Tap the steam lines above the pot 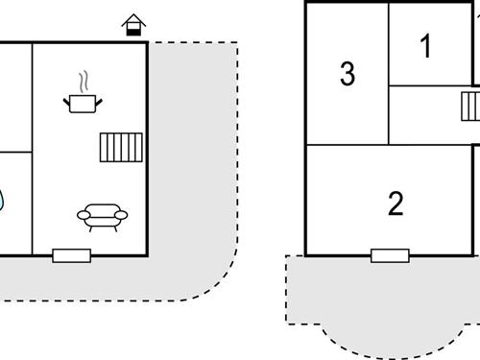click(x=84, y=79)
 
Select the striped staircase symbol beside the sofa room click(x=121, y=147)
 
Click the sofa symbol click(x=101, y=217)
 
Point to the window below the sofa click(x=71, y=255)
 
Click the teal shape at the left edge click(x=3, y=200)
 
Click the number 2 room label click(x=396, y=204)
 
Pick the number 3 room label click(x=348, y=73)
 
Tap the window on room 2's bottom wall click(x=390, y=255)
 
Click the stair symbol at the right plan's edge click(x=470, y=106)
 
